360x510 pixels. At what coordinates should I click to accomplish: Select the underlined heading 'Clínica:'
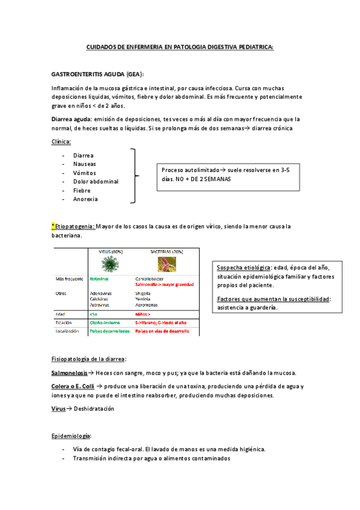coord(62,141)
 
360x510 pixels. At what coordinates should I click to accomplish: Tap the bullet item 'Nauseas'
coord(84,164)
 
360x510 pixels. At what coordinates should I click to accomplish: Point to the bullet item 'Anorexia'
coord(85,199)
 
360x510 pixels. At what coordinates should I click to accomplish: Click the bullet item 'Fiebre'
coord(82,190)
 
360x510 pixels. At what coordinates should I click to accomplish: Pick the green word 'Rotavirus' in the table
coord(100,280)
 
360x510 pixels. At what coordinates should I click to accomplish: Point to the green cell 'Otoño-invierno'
coord(105,322)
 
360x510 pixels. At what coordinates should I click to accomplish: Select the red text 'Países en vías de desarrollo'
coord(162,331)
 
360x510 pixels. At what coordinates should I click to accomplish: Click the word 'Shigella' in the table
coord(145,293)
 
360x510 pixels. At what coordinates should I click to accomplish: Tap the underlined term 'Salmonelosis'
coord(69,373)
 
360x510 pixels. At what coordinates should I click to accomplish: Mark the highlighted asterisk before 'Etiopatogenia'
coord(53,226)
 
